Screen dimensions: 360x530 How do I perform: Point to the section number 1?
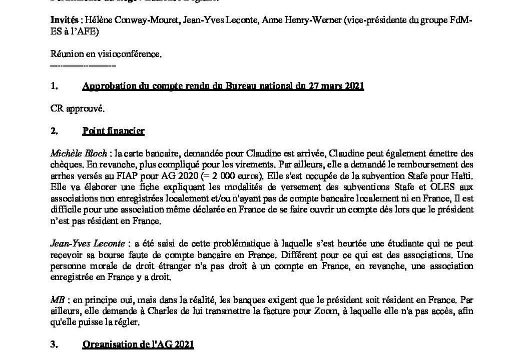pyautogui.click(x=54, y=86)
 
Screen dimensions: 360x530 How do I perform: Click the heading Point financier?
pyautogui.click(x=113, y=131)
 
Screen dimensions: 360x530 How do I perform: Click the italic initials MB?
pyautogui.click(x=57, y=300)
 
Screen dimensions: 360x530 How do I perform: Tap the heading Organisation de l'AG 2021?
pyautogui.click(x=138, y=344)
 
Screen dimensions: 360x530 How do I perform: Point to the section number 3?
pyautogui.click(x=54, y=344)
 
